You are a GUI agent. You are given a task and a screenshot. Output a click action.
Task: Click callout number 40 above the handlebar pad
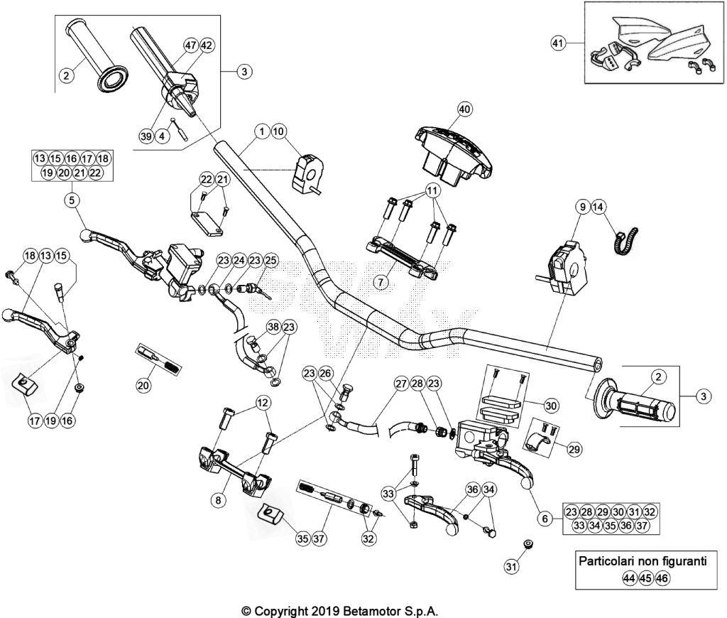point(464,109)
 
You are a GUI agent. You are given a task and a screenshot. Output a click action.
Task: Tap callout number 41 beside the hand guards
point(558,43)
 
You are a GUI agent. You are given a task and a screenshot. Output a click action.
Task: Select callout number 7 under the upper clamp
point(381,282)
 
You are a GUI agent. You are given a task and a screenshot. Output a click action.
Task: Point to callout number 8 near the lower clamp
point(219,500)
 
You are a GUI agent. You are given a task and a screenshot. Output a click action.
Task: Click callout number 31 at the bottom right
point(511,566)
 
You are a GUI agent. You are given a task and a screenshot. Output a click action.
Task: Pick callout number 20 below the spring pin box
point(143,385)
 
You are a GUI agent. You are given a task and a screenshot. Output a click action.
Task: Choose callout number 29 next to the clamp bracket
point(574,449)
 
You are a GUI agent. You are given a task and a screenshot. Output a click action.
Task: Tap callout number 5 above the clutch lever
point(72,200)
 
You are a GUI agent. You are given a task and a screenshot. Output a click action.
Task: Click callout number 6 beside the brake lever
point(545,519)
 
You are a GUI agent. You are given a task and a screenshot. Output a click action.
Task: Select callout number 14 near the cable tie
point(598,207)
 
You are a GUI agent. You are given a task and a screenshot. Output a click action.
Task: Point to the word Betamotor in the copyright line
point(370,611)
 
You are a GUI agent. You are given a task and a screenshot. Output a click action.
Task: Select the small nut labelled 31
point(528,543)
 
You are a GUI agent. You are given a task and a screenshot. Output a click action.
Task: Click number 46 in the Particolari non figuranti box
point(662,578)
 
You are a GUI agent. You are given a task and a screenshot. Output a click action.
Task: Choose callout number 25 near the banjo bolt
point(270,261)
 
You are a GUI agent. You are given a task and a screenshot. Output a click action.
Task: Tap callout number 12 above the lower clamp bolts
point(263,403)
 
